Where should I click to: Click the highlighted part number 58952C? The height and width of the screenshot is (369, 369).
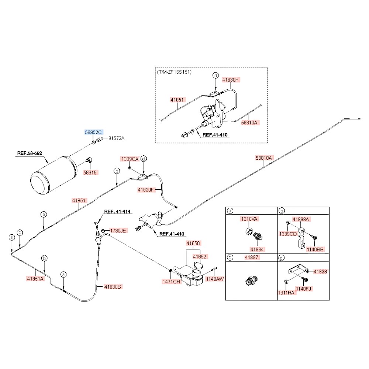[93, 132]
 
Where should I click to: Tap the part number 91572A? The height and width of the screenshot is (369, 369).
[116, 138]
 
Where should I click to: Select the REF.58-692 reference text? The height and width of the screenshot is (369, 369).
[30, 153]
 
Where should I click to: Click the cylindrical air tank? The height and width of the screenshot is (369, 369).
[54, 175]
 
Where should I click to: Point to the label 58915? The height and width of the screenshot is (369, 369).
[90, 172]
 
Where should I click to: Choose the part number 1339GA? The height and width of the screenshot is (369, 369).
[130, 159]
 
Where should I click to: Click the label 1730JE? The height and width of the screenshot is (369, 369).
[118, 231]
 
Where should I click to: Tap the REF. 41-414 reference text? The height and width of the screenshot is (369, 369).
[117, 211]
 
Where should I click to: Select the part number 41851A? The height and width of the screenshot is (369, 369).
[35, 279]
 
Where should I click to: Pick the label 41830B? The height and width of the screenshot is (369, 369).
[113, 287]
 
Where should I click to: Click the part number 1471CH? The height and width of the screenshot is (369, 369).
[171, 282]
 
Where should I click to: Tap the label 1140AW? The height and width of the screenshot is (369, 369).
[215, 279]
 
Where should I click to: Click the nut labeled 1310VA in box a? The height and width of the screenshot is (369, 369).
[249, 231]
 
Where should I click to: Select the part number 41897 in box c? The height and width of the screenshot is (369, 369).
[252, 257]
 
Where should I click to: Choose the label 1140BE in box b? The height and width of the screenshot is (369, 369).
[315, 249]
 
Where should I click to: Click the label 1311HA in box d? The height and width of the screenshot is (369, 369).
[286, 293]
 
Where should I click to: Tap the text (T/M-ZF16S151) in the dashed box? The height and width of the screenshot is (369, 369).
[175, 72]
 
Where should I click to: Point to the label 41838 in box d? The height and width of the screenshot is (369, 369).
[320, 272]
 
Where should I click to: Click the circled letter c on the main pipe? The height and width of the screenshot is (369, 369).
[20, 233]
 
